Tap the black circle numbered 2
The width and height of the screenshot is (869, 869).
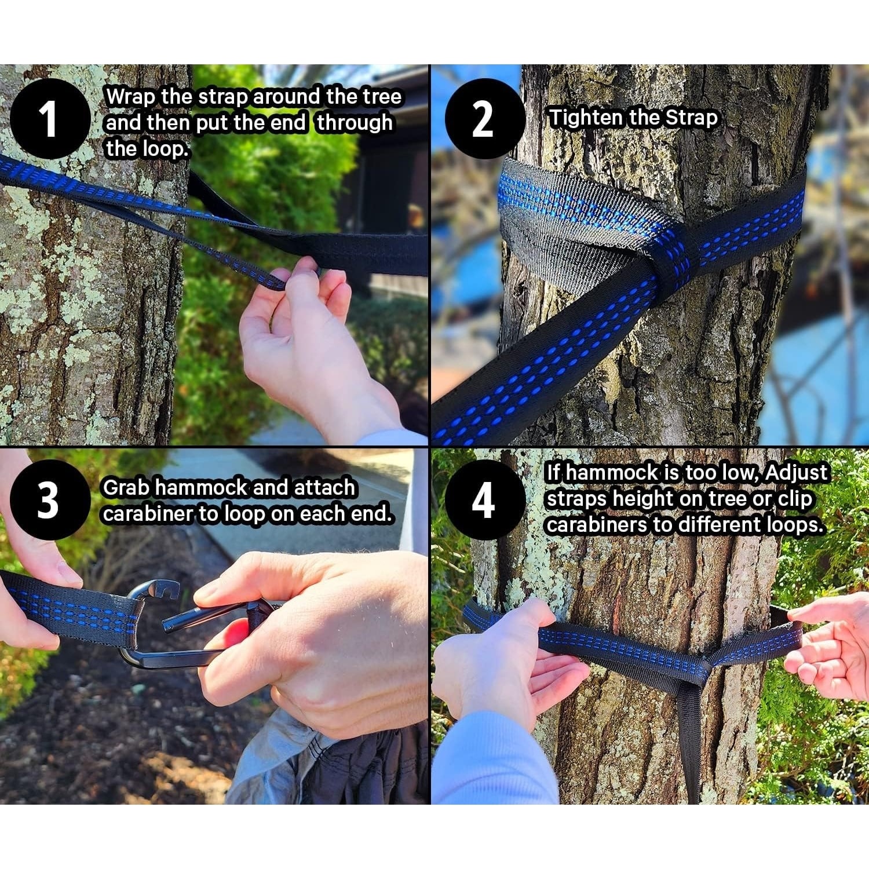(485, 119)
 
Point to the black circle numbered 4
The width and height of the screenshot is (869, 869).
(485, 499)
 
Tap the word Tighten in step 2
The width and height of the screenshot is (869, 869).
(586, 118)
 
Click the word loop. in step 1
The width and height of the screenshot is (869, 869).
(148, 149)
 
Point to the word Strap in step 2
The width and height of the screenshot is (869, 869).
(691, 118)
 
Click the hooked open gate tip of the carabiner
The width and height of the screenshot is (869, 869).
(170, 593)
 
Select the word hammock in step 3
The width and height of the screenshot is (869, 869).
(202, 488)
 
